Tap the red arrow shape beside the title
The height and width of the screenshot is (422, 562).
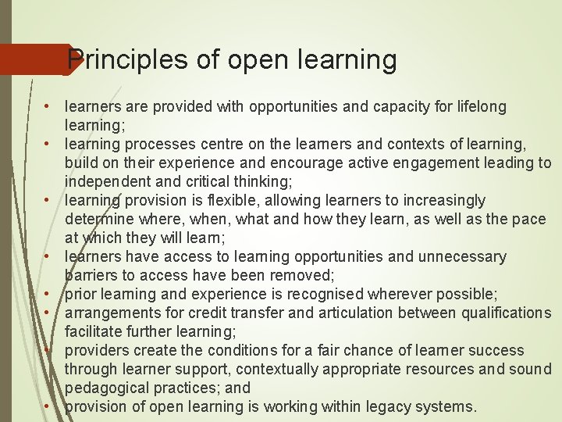tap(35, 59)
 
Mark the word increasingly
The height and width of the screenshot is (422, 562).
tap(441, 200)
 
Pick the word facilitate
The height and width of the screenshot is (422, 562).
tap(93, 331)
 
